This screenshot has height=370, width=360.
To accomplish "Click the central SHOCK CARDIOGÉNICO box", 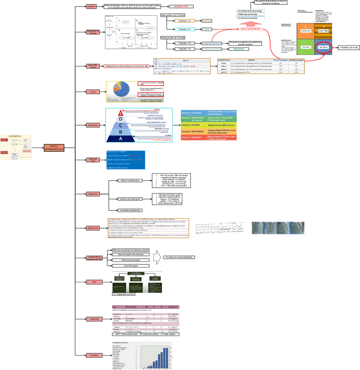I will tap(54, 147).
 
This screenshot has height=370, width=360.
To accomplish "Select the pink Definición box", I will tap(91, 7).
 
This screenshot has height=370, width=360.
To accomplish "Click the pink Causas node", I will tap(93, 92).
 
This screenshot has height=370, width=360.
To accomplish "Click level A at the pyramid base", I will tap(121, 138).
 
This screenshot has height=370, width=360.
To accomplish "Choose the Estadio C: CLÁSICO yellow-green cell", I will tap(192, 125).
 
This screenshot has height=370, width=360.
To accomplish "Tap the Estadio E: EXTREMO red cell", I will tap(192, 137).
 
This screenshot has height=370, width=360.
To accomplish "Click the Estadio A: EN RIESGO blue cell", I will tap(192, 112).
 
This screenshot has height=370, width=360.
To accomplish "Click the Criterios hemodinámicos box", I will tap(130, 180).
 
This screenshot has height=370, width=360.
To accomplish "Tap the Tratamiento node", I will tap(94, 319).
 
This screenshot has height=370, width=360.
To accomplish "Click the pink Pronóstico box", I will tap(94, 356).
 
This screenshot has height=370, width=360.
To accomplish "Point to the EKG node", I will tap(94, 282).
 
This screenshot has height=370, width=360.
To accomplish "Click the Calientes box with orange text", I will tap(207, 21).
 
